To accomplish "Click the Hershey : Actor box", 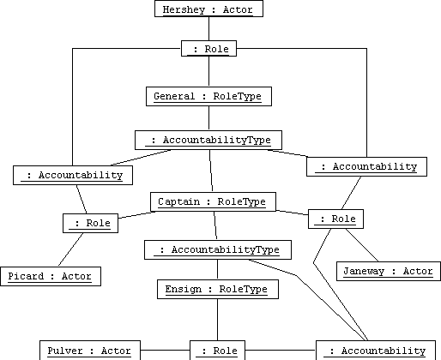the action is point(208,9).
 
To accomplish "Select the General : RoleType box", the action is point(208,96).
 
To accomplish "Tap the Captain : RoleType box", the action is point(213,201).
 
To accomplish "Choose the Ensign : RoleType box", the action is point(218,289).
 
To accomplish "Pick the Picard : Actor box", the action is point(51,276).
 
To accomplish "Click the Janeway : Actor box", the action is point(389,271).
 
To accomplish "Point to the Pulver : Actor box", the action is point(90,351).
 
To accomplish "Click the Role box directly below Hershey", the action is point(208,49).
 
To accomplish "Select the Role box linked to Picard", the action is point(90,223).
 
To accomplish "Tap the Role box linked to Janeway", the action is point(335,219).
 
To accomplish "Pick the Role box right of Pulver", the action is point(217,351).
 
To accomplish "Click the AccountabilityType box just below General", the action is point(208,140).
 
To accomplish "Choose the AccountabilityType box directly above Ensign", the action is point(218,249).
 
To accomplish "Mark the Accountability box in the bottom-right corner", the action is point(376,351).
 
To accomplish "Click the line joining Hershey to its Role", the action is point(208,28).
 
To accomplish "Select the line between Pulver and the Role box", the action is point(165,350).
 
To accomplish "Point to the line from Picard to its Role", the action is point(71,249).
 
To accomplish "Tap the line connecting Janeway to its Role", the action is point(362,245).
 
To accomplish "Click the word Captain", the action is point(179,201).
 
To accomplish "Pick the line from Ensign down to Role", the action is point(217,320).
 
